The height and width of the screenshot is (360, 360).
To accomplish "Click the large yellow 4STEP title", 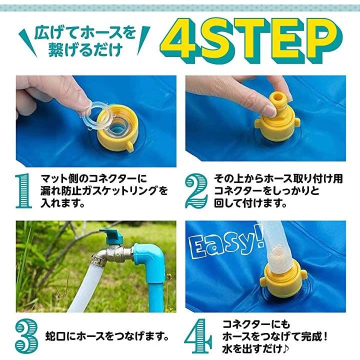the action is point(252,41).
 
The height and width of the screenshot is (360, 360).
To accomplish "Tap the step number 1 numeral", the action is point(24,191).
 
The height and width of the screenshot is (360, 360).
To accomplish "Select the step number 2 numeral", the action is point(196,190).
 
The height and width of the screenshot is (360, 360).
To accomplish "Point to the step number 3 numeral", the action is point(26,337).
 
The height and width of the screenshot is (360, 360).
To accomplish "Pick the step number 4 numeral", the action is point(198,336).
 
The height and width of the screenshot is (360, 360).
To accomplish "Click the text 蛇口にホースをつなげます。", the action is point(107,336).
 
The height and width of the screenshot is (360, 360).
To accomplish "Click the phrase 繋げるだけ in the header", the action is point(85,50).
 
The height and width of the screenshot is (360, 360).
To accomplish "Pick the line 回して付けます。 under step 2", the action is point(250,202).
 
